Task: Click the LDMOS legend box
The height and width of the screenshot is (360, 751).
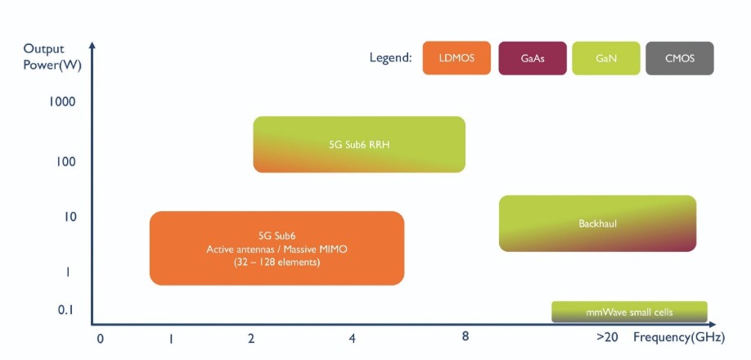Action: coord(456,58)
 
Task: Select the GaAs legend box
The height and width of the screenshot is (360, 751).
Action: coord(532,58)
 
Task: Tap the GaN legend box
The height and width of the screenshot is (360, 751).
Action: coord(606,58)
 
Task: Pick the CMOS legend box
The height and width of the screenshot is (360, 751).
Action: coord(680,58)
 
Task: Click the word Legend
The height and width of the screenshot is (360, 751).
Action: coord(391,58)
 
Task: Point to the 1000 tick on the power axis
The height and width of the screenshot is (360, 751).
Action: coord(62,102)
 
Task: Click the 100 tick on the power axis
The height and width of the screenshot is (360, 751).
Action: coord(65,162)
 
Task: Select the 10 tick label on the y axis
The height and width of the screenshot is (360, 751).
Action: coord(68,217)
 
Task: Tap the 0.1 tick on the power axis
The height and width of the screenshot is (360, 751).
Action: coord(65,309)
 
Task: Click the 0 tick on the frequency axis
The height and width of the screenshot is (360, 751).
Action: coord(100,337)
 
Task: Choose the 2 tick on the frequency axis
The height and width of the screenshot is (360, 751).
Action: coord(250,337)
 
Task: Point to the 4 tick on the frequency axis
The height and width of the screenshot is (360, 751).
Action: coord(352,337)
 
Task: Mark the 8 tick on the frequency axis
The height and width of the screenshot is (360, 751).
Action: coord(465,335)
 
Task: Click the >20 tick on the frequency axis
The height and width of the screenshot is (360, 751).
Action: coord(607,337)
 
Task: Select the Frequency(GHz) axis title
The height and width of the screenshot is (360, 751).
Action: coord(678,337)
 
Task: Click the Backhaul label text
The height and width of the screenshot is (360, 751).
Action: coord(596,223)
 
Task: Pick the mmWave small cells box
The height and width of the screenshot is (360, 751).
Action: coord(629,312)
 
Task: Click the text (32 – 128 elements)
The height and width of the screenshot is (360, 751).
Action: coord(277,263)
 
